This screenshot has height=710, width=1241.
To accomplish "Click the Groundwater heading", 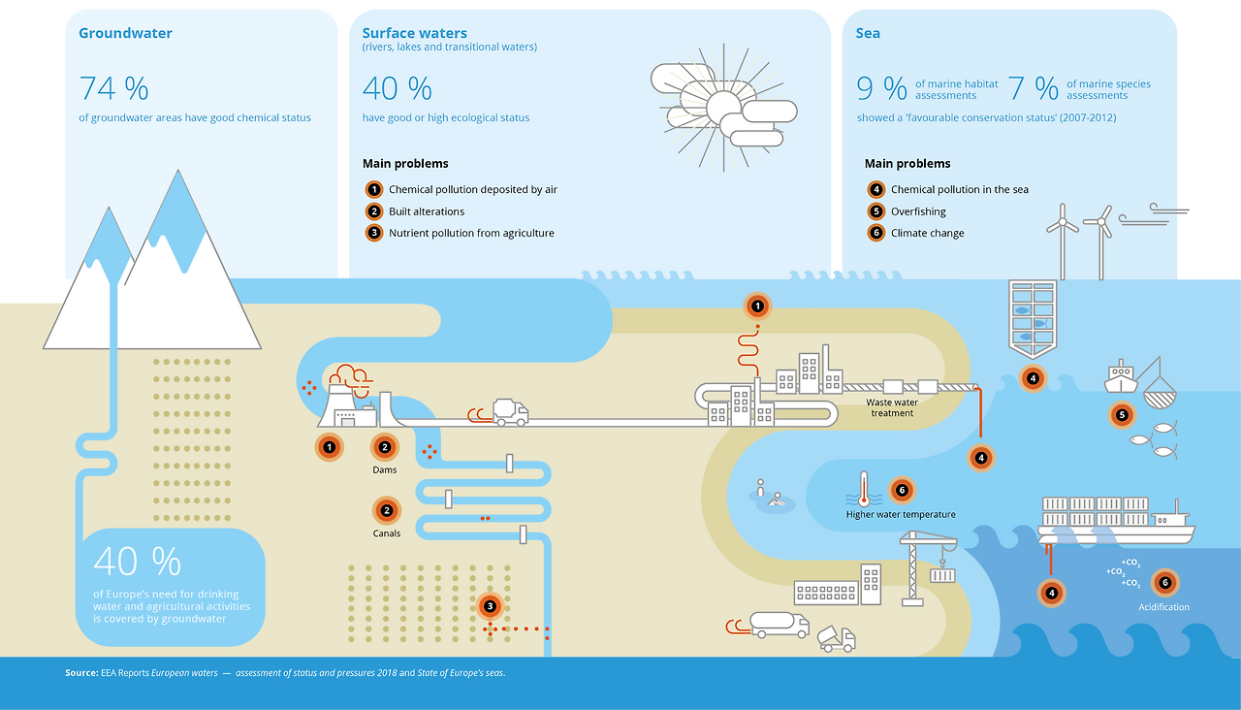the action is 125,33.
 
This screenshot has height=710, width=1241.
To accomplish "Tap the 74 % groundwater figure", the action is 114,88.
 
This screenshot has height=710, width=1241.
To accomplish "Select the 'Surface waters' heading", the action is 414,33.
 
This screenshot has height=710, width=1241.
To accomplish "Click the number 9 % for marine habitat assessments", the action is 881,88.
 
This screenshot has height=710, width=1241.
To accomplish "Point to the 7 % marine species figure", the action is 1034,88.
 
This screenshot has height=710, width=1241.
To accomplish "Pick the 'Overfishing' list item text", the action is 918,211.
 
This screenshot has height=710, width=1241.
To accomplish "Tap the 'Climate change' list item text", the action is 928,234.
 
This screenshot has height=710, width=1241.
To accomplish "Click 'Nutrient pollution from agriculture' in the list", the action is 471,234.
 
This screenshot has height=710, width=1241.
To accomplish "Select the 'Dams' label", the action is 385,470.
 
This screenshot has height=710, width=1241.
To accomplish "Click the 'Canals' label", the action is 386,533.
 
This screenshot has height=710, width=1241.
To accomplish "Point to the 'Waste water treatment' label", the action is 892,408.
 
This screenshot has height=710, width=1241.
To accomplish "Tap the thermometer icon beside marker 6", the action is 863,489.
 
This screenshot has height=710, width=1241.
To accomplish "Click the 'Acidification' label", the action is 1164,607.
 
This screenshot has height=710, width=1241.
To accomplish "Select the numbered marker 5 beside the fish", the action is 1122,415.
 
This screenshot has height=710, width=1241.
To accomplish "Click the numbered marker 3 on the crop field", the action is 490,606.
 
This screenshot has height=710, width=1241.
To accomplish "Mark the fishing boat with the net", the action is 1140,382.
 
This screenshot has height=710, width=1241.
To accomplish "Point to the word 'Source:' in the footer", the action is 82,673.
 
